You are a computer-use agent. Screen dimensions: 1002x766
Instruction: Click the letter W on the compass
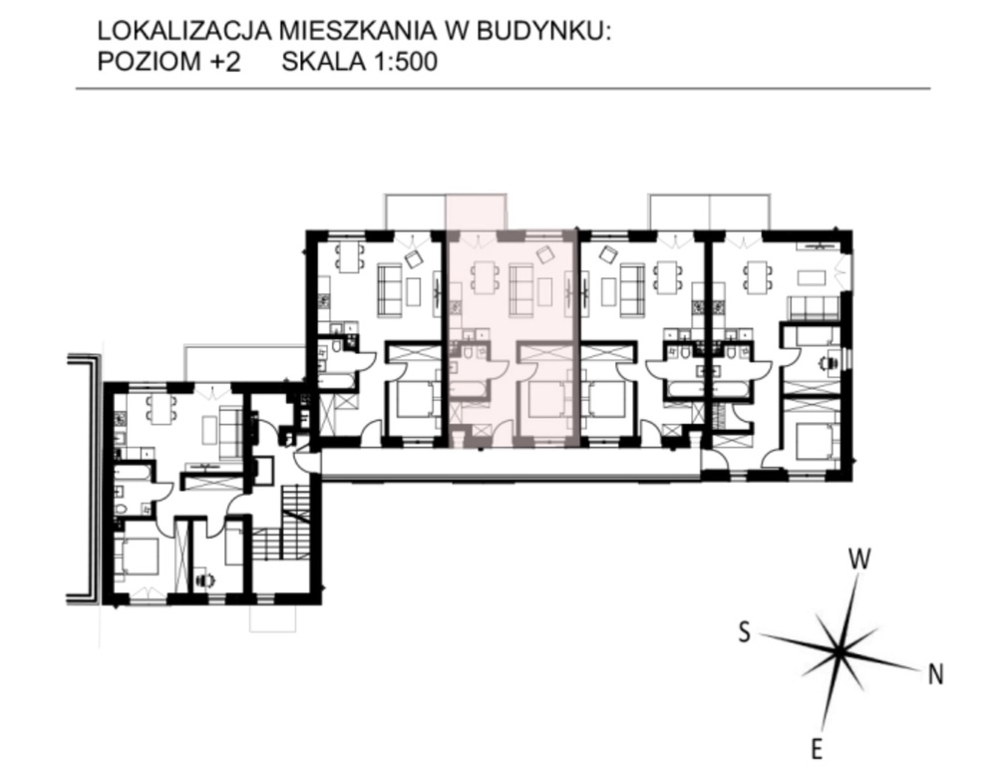point(859,559)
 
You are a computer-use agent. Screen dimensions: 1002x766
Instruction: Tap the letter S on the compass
point(744,632)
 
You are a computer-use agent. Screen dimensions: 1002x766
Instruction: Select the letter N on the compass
point(935,674)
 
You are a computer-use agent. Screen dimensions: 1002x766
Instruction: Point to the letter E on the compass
point(816,748)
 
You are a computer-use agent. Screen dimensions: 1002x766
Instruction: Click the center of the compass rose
point(838,652)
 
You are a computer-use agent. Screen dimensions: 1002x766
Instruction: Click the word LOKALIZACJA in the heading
point(183,31)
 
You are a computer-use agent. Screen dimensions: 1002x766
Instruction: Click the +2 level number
point(226,62)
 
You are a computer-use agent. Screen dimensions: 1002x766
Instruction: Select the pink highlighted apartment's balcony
point(477,211)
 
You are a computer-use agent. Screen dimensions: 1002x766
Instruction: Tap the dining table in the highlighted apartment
point(485,277)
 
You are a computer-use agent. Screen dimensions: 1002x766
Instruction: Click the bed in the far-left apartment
point(138,556)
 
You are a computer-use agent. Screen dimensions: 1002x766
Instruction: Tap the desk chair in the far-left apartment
point(205,579)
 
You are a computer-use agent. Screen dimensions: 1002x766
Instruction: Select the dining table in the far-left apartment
point(162,409)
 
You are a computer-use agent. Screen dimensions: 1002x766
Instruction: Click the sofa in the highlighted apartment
point(521,290)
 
